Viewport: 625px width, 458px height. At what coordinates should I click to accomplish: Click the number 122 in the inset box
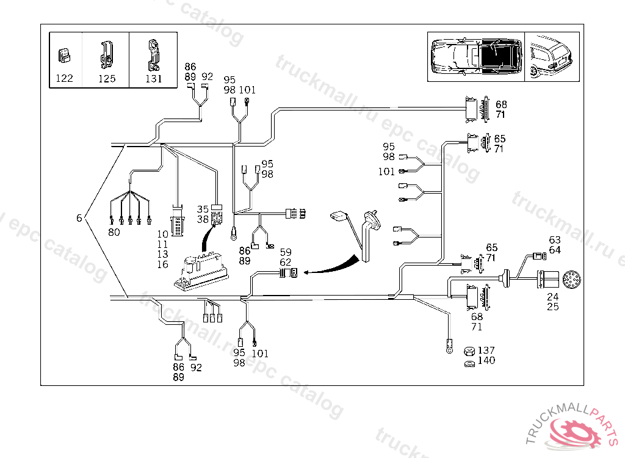click(64, 78)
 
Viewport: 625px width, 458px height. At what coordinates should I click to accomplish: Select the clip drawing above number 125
click(106, 55)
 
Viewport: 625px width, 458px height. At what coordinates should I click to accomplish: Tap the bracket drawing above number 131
click(153, 55)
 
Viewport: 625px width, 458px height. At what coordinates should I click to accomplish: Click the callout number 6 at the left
click(79, 218)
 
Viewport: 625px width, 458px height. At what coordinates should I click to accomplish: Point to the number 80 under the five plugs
click(114, 232)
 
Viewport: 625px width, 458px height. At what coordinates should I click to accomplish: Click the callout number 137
click(486, 351)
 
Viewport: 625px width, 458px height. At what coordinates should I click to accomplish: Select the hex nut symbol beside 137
click(470, 352)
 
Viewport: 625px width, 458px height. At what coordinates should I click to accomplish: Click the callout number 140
click(486, 361)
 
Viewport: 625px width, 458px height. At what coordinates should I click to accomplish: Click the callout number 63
click(555, 240)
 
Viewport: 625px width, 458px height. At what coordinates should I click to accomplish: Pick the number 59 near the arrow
click(286, 253)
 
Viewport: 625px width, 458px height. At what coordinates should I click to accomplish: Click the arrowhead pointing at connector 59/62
click(306, 272)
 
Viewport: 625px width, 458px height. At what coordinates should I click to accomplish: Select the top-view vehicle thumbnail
click(476, 56)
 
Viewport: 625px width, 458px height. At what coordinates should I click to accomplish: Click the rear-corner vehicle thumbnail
click(552, 57)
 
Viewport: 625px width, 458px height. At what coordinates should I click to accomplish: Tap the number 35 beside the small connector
click(203, 209)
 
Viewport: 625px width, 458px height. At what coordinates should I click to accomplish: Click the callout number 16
click(162, 264)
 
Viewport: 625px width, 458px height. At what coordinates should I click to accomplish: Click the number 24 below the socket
click(553, 297)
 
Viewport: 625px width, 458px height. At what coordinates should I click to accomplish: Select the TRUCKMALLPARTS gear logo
click(573, 427)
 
